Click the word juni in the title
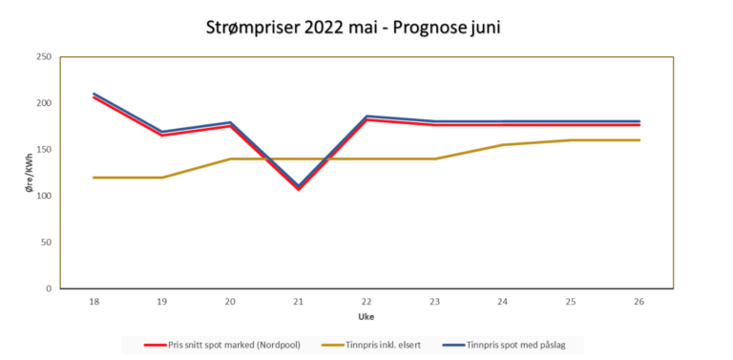[479, 28]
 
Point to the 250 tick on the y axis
[43, 57]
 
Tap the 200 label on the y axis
[43, 103]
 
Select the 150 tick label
[43, 150]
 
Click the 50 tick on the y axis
[46, 243]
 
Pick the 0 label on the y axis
[49, 288]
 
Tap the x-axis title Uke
[366, 316]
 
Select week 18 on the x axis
[94, 301]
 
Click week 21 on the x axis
[299, 301]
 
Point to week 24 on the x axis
[503, 301]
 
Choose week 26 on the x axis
[639, 301]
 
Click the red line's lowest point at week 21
[299, 189]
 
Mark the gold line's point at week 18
[94, 178]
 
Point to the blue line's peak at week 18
[94, 94]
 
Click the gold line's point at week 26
[639, 140]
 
